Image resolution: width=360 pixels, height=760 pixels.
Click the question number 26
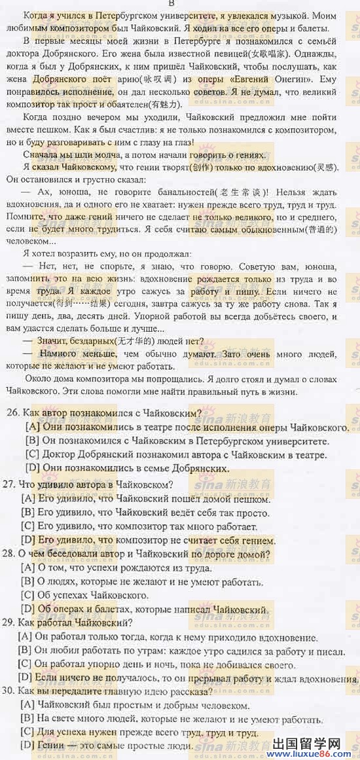[x=10, y=414]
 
